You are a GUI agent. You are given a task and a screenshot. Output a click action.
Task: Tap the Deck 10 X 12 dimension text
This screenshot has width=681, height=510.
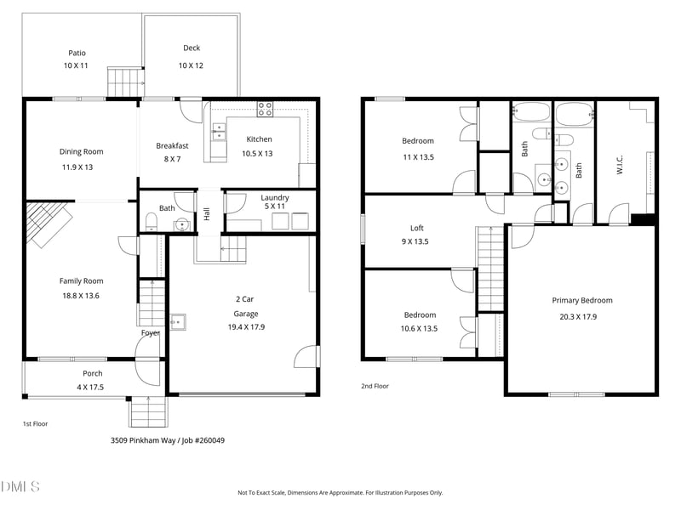(192, 65)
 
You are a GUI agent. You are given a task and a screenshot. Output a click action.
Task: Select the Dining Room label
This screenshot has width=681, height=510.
(81, 151)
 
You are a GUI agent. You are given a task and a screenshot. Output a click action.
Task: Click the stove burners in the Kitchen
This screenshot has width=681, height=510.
(266, 109)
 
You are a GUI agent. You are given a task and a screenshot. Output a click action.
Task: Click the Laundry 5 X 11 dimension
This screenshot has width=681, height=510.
(274, 206)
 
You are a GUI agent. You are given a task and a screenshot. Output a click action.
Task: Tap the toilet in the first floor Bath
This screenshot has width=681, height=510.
(151, 224)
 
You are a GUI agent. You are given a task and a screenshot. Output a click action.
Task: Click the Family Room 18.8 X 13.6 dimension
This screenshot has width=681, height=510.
(81, 296)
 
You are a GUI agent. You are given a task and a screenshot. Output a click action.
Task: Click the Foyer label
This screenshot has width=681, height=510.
(151, 333)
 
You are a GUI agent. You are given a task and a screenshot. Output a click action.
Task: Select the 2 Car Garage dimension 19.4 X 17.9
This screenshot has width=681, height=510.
(244, 327)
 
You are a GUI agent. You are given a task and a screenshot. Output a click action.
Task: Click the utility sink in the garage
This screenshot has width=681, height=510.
(178, 322)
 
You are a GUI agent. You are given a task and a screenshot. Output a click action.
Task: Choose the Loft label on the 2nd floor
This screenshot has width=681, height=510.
(417, 228)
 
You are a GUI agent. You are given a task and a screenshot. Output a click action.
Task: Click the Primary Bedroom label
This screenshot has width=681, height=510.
(581, 300)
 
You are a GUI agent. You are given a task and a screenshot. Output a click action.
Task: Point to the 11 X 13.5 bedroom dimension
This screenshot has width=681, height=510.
(417, 157)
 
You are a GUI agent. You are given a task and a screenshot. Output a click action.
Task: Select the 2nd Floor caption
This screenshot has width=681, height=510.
(375, 386)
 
